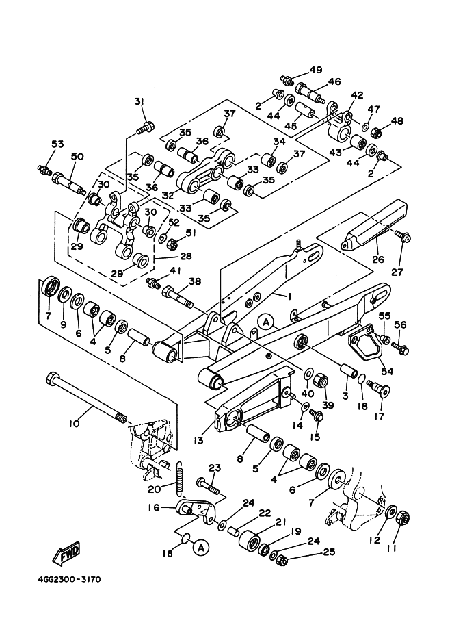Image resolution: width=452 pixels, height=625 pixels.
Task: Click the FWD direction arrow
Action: pos(69,552)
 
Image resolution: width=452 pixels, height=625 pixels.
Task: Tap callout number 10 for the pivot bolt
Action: pos(74,424)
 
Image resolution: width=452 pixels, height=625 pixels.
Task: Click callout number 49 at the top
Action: pos(315,71)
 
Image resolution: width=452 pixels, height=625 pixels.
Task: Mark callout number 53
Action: pos(57,144)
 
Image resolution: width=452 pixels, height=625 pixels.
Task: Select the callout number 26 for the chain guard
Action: pos(378,259)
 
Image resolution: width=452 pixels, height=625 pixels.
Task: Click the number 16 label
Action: pos(153,508)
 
